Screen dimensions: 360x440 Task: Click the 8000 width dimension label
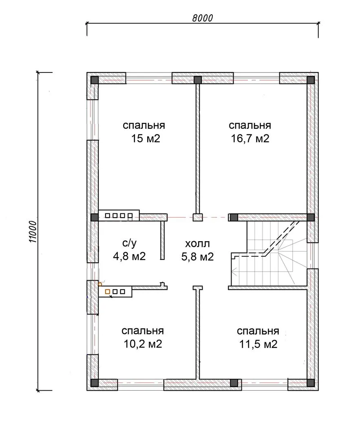[203, 18]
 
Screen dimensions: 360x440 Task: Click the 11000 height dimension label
[33, 232]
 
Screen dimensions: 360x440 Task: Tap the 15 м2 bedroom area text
[146, 139]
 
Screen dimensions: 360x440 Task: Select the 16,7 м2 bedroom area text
[250, 139]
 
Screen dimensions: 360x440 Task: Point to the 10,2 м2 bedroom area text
[143, 344]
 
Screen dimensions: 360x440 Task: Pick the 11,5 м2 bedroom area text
[258, 344]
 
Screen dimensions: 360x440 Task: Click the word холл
[197, 244]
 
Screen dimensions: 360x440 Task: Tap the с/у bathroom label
[130, 243]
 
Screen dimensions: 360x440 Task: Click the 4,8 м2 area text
[129, 256]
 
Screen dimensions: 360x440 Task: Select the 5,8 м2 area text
[197, 257]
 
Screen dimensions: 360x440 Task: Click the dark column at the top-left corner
[94, 80]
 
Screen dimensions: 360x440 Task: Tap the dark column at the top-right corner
[311, 80]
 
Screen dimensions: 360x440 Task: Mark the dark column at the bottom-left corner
[94, 383]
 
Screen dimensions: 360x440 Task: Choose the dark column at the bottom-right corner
[311, 383]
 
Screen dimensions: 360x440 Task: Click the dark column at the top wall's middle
[198, 80]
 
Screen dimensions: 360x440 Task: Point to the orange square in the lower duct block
[107, 292]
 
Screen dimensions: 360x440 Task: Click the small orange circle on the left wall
[100, 284]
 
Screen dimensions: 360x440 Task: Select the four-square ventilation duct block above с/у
[119, 216]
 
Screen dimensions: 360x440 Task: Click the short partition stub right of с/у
[162, 240]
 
